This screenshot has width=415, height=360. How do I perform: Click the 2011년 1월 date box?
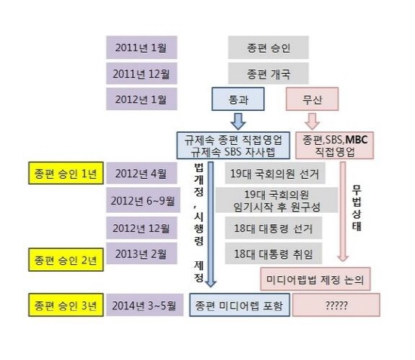(x=142, y=48)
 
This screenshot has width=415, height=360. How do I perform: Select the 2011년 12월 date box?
(x=142, y=74)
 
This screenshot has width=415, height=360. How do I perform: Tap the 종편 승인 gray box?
(x=269, y=48)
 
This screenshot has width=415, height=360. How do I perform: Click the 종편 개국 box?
(x=269, y=74)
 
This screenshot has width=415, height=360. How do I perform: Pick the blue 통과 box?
(x=238, y=99)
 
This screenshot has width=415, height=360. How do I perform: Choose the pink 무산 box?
(x=312, y=99)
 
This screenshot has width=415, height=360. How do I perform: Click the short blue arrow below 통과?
(x=238, y=122)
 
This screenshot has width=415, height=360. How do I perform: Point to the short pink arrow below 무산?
(x=312, y=122)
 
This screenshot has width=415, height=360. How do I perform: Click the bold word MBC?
(x=356, y=140)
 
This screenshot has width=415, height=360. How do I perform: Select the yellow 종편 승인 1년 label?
(x=66, y=173)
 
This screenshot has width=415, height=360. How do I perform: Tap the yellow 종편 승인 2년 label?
(x=66, y=260)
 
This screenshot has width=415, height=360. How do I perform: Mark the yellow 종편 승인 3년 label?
(x=66, y=305)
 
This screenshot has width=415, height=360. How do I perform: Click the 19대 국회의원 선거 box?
(x=275, y=173)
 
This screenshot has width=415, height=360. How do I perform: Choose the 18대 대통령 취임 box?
(x=273, y=254)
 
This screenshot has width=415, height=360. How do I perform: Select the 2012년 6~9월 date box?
(x=143, y=200)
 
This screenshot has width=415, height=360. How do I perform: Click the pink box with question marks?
(x=336, y=305)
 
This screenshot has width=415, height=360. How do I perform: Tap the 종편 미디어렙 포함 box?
(x=239, y=305)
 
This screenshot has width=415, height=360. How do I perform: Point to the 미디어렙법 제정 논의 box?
(x=315, y=279)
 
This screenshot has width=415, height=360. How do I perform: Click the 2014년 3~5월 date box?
(x=145, y=305)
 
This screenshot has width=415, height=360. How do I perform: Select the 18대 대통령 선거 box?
(x=273, y=228)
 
